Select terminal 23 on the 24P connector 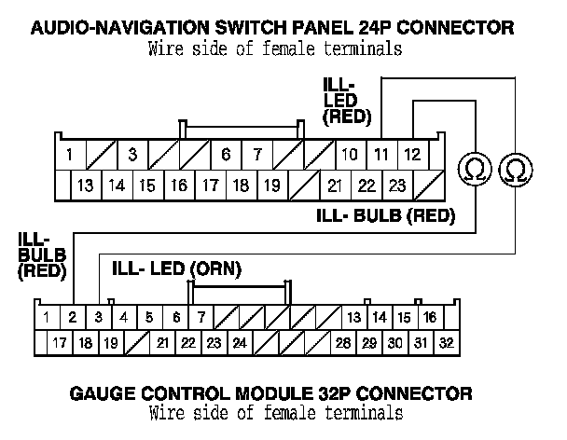[397, 186]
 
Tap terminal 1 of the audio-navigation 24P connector [70, 153]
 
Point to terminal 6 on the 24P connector [227, 153]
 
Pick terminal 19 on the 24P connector [271, 186]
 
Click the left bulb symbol [476, 169]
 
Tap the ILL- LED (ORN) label [176, 269]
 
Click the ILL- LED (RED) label [346, 101]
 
